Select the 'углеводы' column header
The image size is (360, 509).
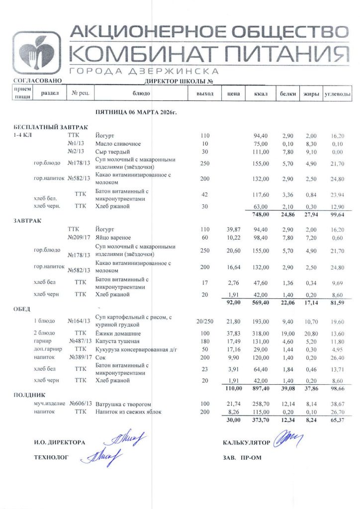click(338, 93)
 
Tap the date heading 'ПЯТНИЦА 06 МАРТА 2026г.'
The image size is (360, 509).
click(136, 113)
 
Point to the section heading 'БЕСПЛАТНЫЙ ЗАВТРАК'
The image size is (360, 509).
click(43, 127)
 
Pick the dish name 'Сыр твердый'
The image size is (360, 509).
click(112, 152)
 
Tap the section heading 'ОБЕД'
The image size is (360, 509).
click(21, 309)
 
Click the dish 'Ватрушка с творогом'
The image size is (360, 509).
click(123, 405)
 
